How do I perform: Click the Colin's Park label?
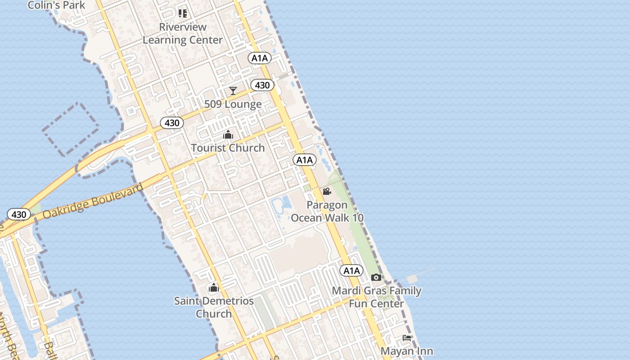(x=56, y=5)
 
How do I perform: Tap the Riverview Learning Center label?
(x=183, y=33)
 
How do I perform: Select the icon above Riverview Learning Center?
(x=182, y=13)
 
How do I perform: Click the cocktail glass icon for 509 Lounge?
(x=233, y=91)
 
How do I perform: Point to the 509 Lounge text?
(x=233, y=104)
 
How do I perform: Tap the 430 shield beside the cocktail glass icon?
(x=262, y=85)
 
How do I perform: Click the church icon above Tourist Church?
(x=228, y=135)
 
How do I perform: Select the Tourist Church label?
(x=228, y=148)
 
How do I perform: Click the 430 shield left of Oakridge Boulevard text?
(x=19, y=214)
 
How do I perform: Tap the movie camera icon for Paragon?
(x=327, y=192)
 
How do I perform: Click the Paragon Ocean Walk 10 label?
(x=327, y=211)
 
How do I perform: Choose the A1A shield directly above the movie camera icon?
(x=305, y=160)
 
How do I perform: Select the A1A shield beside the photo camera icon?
(x=351, y=270)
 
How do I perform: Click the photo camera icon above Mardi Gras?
(x=376, y=277)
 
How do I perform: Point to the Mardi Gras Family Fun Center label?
(x=377, y=297)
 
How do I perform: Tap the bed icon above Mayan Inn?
(x=407, y=337)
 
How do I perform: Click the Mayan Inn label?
(x=407, y=351)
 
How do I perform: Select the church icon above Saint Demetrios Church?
(x=214, y=288)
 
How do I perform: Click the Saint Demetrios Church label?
(x=214, y=307)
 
